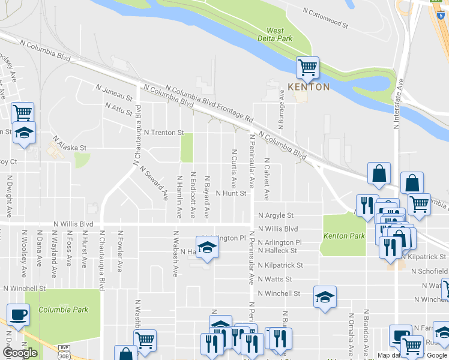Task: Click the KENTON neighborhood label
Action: (309, 87)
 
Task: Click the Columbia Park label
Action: (64, 310)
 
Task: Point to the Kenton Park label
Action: (344, 236)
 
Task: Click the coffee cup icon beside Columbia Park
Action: (18, 314)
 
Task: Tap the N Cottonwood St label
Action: (325, 19)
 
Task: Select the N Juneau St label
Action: (113, 92)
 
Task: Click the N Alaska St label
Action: (70, 143)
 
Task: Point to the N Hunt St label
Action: (231, 193)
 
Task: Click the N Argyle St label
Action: (276, 215)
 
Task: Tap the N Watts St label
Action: (275, 279)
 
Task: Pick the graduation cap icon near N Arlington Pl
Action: (207, 248)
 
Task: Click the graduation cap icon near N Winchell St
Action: (325, 296)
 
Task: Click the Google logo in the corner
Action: (20, 353)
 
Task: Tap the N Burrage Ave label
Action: (280, 107)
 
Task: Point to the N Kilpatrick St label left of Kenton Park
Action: (280, 265)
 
